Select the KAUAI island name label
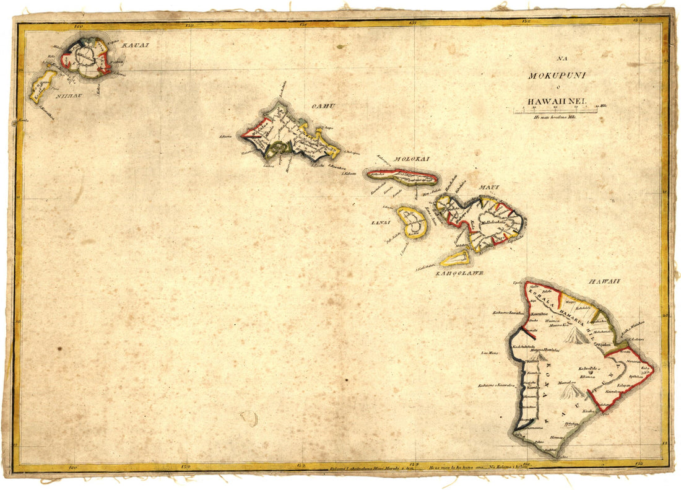point(136,45)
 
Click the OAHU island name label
point(323,106)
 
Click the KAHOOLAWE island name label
point(458,272)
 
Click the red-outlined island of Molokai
point(402,177)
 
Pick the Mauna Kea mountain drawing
point(576,336)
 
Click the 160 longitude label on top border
point(78,26)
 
